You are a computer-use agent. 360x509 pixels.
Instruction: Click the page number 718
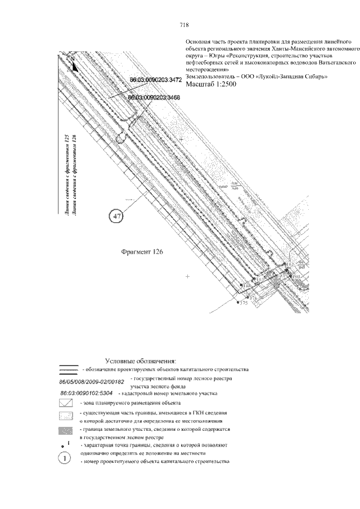click(x=183, y=25)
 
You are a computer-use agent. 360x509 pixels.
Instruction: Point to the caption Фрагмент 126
click(x=142, y=253)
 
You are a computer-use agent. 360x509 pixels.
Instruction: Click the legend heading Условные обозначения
click(x=141, y=361)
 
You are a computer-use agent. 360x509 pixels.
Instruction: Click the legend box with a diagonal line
click(x=66, y=404)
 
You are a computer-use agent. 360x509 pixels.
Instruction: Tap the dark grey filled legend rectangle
click(x=66, y=431)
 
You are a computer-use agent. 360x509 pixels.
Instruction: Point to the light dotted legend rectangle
click(x=66, y=417)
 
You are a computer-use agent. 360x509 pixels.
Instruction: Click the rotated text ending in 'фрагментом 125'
click(x=66, y=174)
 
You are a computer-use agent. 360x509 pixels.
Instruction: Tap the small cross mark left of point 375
click(x=187, y=277)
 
